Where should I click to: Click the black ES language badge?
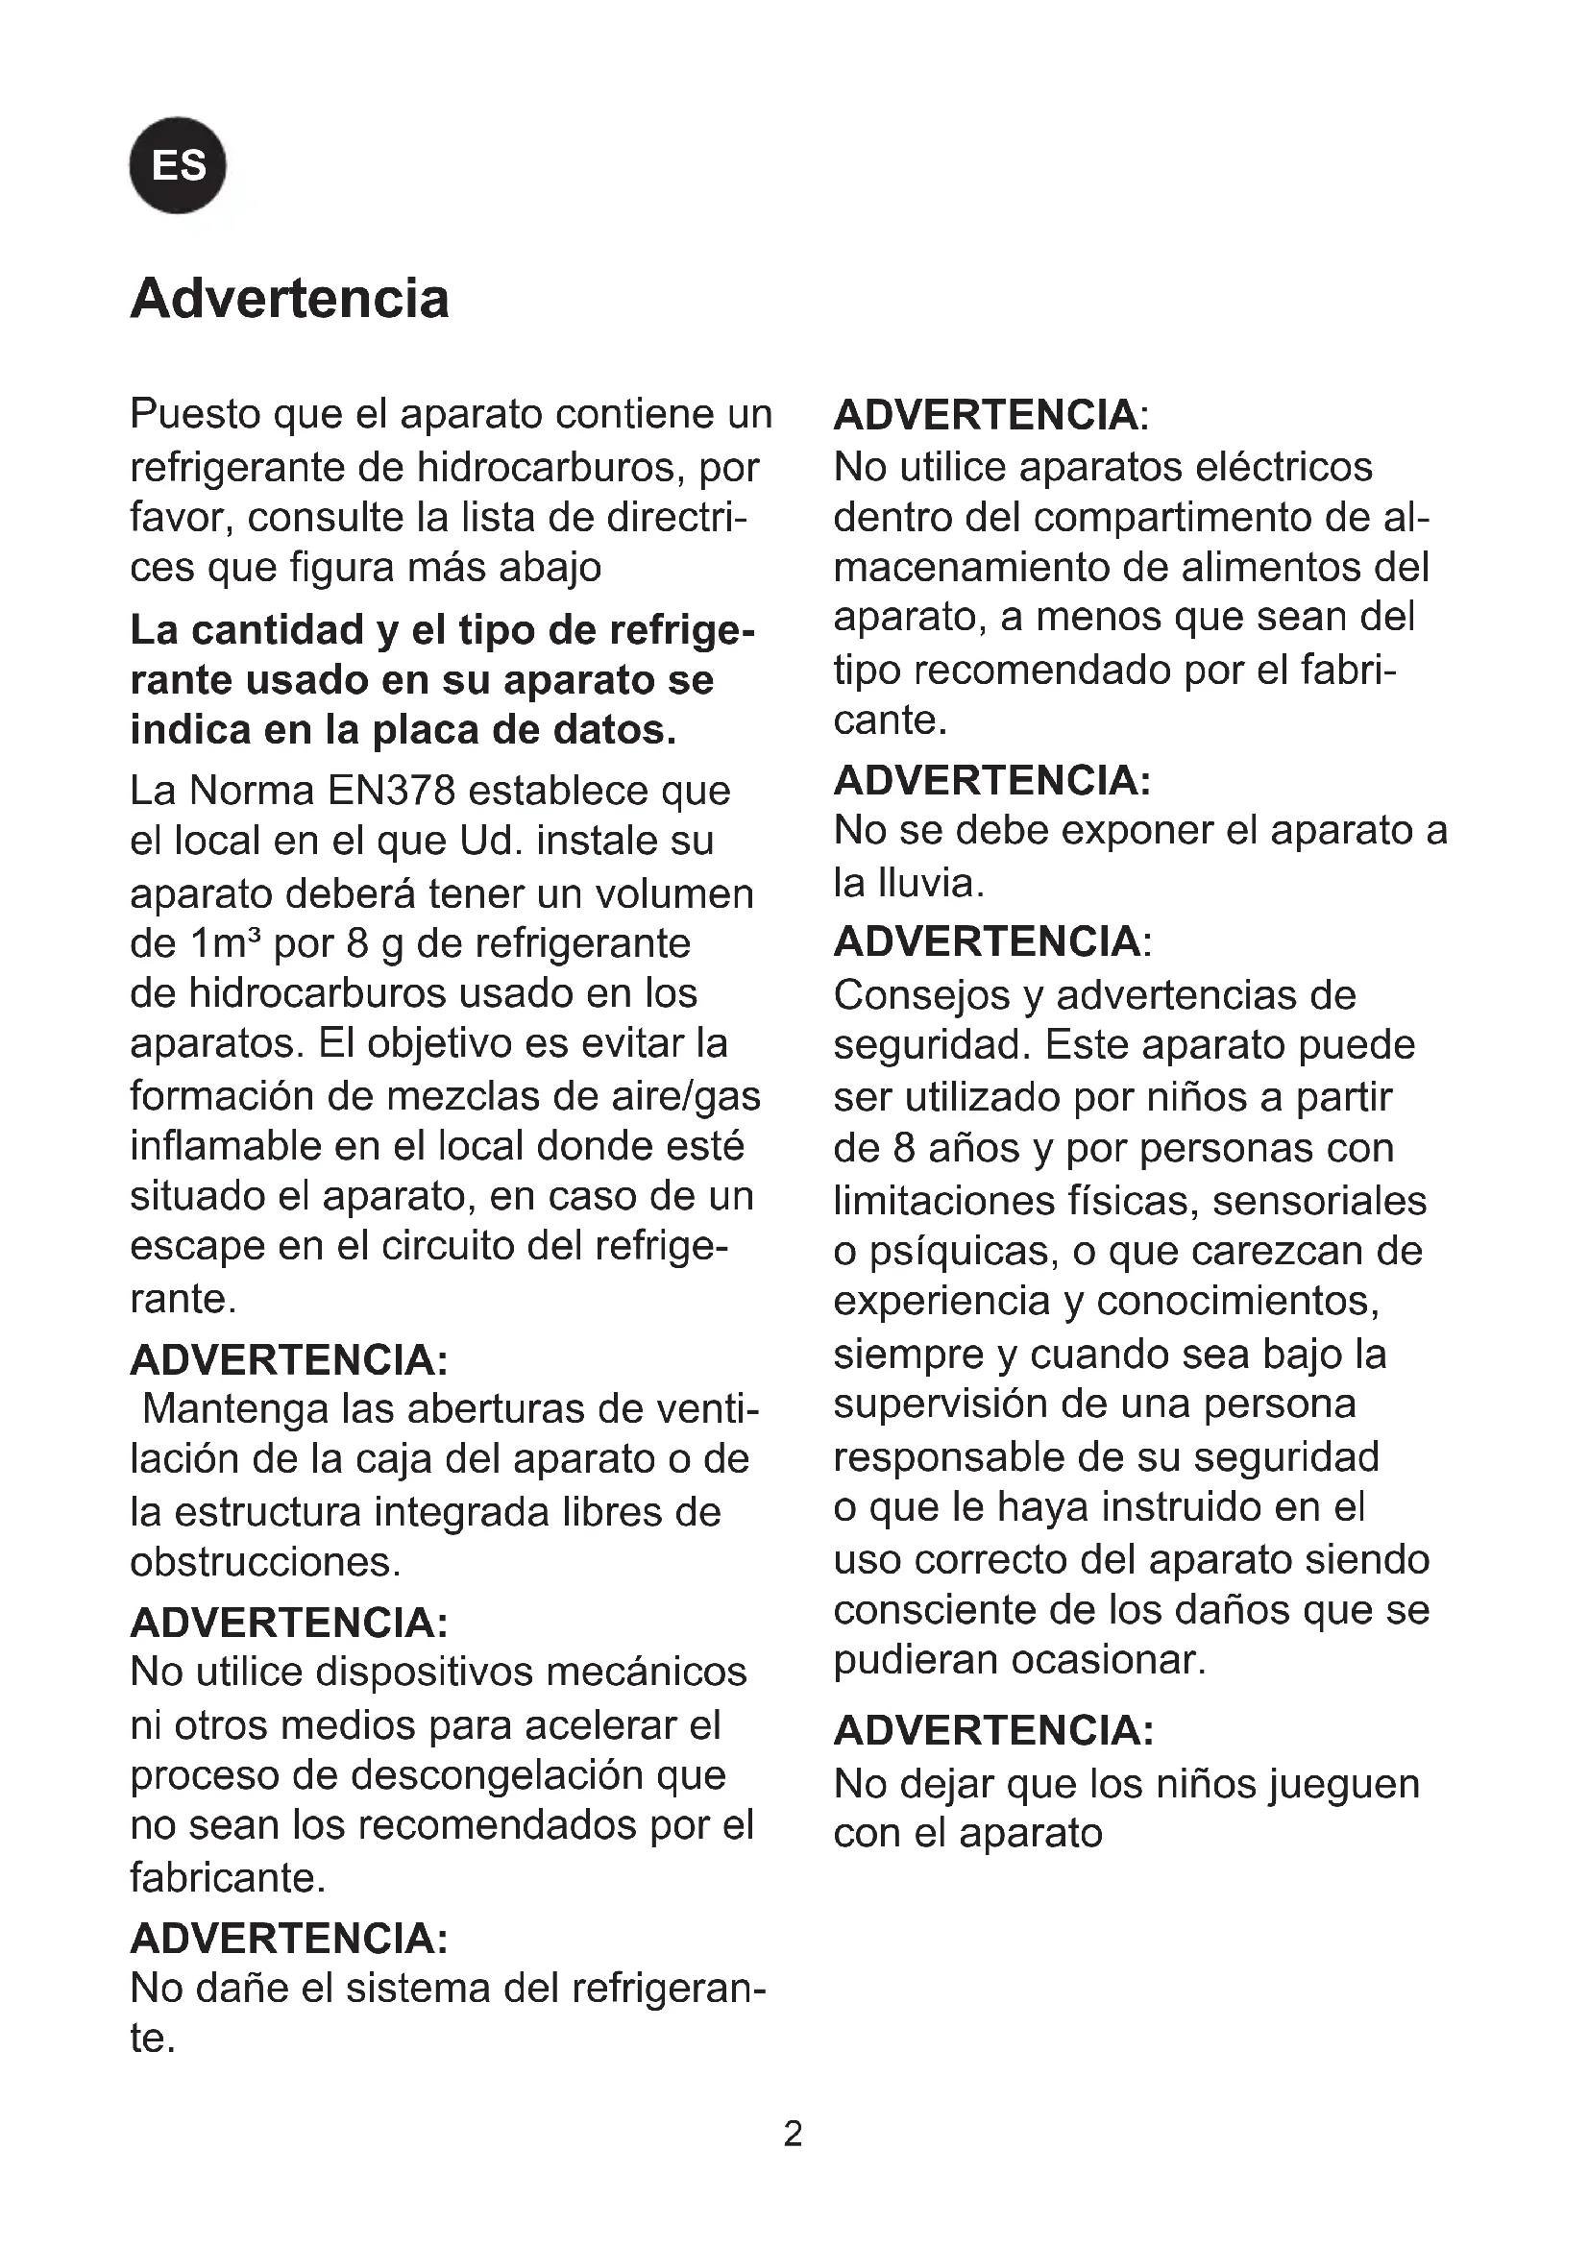tap(177, 165)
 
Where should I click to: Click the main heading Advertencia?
tap(289, 299)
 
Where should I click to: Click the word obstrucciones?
tap(264, 1562)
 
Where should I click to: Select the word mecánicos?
tap(647, 1673)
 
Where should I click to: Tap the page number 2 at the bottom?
tap(793, 2135)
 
